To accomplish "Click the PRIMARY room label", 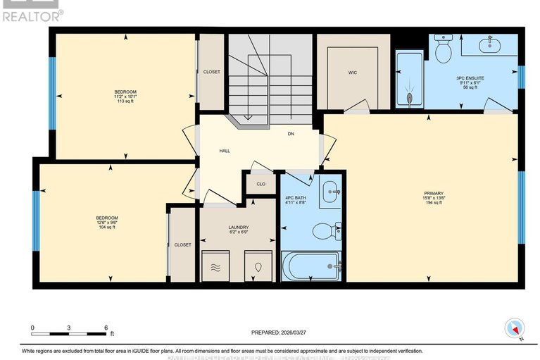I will tap(433, 192).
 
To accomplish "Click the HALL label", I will tap(224, 150).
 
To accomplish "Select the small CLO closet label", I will tap(260, 184).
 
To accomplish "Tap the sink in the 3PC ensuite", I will tap(490, 46).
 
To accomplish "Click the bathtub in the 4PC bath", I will tap(310, 267).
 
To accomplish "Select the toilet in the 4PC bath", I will tap(326, 230).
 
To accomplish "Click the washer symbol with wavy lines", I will tap(215, 268).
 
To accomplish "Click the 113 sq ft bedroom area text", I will tap(125, 101).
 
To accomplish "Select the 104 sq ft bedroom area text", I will tap(106, 227).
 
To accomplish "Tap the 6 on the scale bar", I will tap(106, 328).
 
